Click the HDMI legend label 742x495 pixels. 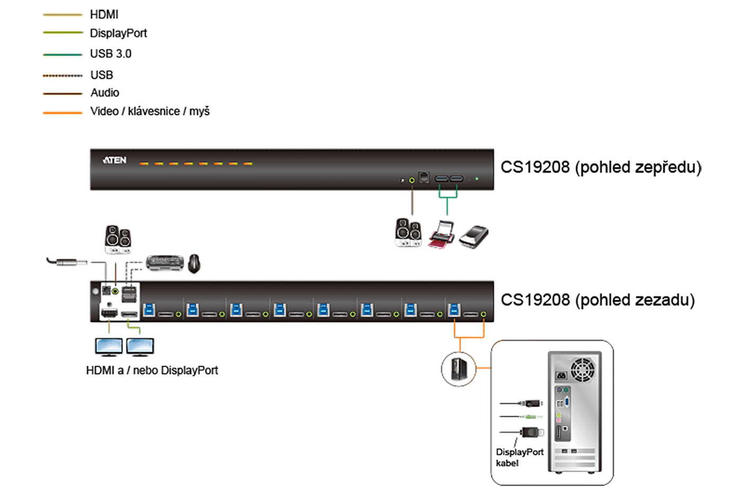point(104,14)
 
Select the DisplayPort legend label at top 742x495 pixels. point(118,33)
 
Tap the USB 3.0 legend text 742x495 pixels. point(110,54)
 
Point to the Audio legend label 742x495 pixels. point(104,93)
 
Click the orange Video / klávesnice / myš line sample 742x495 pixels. point(63,112)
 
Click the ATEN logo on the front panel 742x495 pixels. point(114,160)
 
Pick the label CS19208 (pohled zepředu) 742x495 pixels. point(600,167)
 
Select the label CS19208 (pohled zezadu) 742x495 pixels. point(597,300)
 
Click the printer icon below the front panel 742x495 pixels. point(441,235)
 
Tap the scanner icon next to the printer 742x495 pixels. point(474,236)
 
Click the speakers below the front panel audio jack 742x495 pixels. point(408,233)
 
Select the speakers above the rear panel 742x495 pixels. point(118,240)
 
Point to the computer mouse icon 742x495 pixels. point(195,263)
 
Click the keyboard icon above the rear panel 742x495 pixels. point(165,262)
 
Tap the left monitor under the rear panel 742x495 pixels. point(109,347)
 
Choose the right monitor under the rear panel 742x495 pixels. point(140,347)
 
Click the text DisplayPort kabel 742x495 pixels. point(519,457)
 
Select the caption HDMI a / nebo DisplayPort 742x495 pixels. point(152,370)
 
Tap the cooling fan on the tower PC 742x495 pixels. point(582,367)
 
